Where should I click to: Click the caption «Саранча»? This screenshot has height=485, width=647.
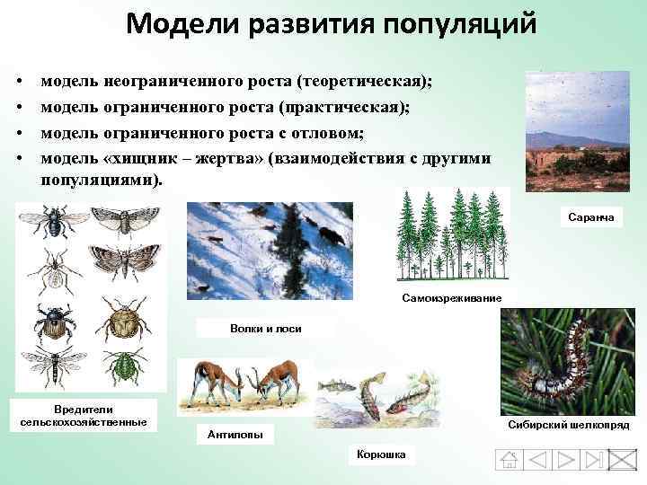pos(591,216)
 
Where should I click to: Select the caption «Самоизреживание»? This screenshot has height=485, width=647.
pos(451,298)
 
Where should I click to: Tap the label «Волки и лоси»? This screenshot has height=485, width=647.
pos(265,328)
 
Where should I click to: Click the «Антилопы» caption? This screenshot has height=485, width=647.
pos(235,435)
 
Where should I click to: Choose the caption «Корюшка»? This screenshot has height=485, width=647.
pos(380,454)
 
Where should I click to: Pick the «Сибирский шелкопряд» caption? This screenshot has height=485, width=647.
pos(568,423)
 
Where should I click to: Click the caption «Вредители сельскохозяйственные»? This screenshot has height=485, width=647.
pos(84,416)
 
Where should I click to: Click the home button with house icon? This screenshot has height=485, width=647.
pos(510,460)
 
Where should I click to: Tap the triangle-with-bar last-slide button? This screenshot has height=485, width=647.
pos(593,460)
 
